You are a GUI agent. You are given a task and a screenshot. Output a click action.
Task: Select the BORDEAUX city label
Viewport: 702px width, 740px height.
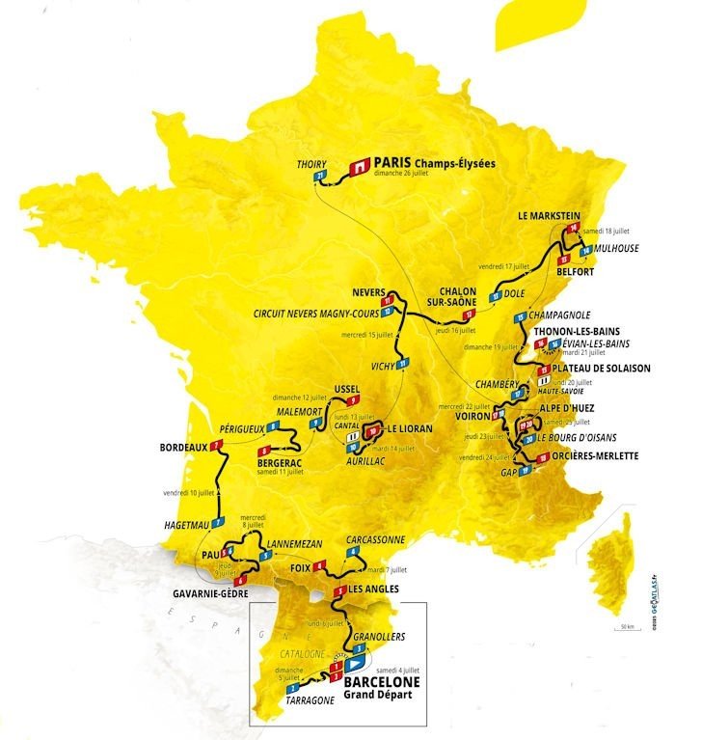176,448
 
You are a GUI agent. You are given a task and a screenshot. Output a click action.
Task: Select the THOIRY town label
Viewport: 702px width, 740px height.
312,163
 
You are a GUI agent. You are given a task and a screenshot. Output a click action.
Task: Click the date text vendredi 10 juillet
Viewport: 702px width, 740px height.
187,492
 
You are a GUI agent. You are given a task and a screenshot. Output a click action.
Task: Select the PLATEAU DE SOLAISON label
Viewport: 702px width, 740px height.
601,369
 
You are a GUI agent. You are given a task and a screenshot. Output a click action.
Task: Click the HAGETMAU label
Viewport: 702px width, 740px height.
176,525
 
